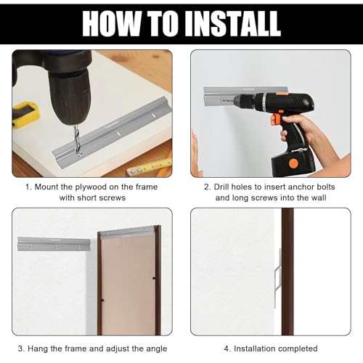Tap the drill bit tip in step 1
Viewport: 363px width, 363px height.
[x=79, y=155]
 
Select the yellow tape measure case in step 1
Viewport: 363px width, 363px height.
[x=25, y=114]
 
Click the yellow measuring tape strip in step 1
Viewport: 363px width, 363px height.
[x=150, y=167]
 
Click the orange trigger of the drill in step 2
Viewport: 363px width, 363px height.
[x=276, y=119]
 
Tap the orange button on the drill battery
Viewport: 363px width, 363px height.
[x=293, y=164]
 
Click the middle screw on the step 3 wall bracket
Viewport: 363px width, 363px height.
[x=57, y=247]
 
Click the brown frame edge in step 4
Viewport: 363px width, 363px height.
[x=287, y=272]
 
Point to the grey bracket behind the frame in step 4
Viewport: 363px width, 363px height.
[x=278, y=278]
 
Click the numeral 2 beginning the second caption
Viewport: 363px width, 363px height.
[x=206, y=187]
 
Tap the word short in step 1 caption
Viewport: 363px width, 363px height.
[x=86, y=198]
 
